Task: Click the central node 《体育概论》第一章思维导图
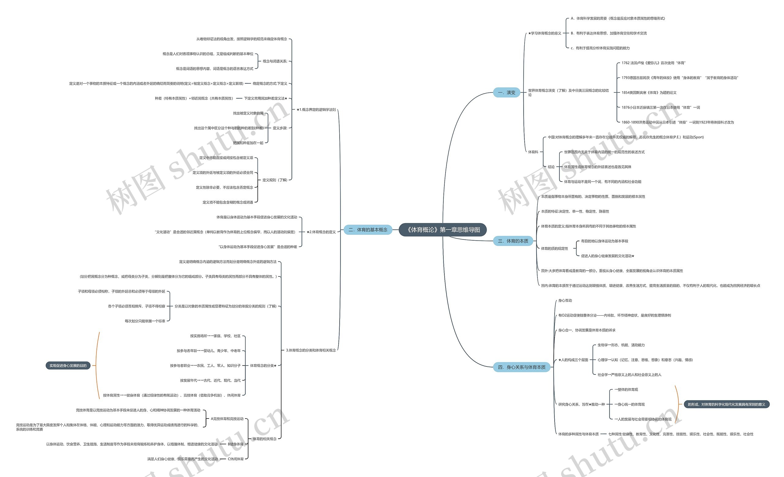click(443, 230)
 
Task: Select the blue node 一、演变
click(507, 92)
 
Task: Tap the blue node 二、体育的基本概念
click(368, 230)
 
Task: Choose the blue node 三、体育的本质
click(513, 241)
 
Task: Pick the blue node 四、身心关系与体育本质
click(522, 367)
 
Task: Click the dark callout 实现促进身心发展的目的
click(68, 366)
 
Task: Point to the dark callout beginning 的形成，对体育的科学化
click(726, 404)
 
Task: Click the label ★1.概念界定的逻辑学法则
click(316, 110)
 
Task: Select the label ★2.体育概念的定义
click(321, 232)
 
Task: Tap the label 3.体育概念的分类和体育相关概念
click(311, 351)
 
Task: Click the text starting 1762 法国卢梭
click(653, 63)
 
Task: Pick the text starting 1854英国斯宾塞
click(649, 92)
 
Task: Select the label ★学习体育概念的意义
click(545, 33)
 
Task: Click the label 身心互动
click(565, 301)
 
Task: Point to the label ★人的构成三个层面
click(573, 360)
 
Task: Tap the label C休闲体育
click(236, 459)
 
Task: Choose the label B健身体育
click(236, 444)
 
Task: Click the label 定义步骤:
click(280, 128)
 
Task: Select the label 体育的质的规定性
click(555, 249)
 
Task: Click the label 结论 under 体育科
click(551, 167)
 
